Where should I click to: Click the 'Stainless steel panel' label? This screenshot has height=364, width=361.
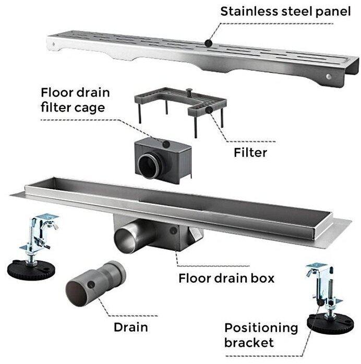click(x=285, y=11)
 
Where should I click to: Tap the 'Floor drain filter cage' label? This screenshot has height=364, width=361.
click(x=75, y=100)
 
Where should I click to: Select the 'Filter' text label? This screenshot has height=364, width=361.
click(x=250, y=152)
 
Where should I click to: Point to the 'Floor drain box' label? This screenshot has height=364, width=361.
click(x=226, y=278)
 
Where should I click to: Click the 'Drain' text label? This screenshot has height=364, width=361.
click(x=131, y=327)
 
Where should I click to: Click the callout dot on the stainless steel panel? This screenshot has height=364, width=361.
click(x=209, y=43)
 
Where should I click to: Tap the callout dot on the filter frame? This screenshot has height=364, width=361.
click(x=209, y=110)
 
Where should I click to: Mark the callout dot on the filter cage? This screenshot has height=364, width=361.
click(x=166, y=144)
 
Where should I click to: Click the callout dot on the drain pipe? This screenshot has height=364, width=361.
click(x=91, y=285)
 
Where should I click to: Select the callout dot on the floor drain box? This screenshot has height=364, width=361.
click(x=173, y=230)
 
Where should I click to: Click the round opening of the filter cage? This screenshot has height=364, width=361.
click(x=149, y=166)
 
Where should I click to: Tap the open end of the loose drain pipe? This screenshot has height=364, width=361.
click(x=77, y=294)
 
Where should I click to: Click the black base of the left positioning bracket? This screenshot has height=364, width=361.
click(x=31, y=270)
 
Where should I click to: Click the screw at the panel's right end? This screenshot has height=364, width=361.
click(x=328, y=76)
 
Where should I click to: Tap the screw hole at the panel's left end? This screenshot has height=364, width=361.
click(x=53, y=44)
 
